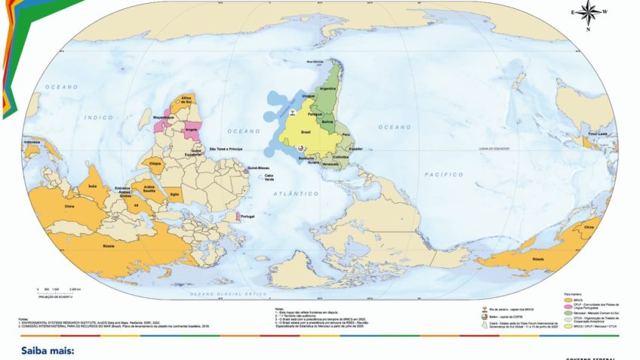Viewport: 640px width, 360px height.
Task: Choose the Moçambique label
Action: coord(165,119)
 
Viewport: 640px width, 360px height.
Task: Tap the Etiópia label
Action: coord(155,163)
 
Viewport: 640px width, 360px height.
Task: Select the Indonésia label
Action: coord(32,142)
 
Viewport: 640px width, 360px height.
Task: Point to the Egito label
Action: coord(174,194)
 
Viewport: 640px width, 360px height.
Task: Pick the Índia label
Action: coord(92,186)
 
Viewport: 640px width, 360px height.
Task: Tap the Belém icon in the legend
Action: coord(485,317)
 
